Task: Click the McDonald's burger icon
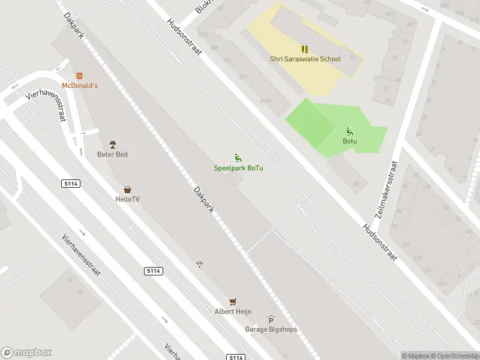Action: point(80,76)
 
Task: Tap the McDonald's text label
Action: point(80,86)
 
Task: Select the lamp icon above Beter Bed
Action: point(112,145)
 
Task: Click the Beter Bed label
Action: point(112,154)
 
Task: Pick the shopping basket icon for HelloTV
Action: point(127,190)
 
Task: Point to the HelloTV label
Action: point(127,199)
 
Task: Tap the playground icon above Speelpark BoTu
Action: point(238,158)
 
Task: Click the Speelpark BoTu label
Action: point(238,168)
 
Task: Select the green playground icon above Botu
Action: point(350,131)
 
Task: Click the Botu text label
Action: point(350,142)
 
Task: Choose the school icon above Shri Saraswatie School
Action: point(305,49)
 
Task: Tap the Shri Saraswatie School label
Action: point(305,59)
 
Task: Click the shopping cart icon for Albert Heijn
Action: point(233,301)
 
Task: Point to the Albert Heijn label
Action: point(233,311)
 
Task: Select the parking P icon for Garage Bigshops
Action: point(271,320)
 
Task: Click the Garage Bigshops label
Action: point(271,329)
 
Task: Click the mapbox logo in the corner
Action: point(26,353)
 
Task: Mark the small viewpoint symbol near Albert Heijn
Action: point(200,264)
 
